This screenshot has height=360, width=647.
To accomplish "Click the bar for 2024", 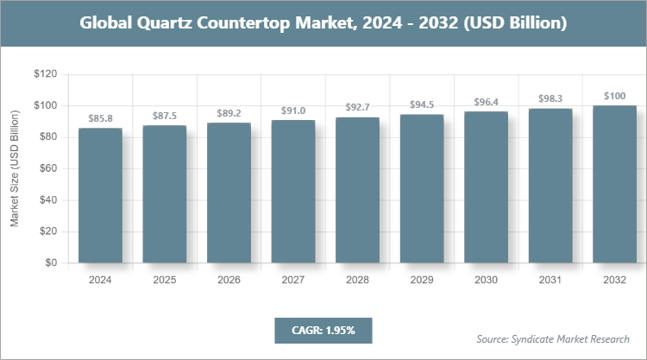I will point(101,196).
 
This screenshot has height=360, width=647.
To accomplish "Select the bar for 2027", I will point(293,192).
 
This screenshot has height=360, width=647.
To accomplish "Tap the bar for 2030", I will point(487,187).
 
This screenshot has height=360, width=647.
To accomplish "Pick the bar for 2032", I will point(615,185).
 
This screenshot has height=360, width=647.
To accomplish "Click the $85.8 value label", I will point(101,117).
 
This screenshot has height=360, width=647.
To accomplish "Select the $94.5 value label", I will point(422,104).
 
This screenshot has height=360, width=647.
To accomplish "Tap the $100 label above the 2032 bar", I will point(615,96).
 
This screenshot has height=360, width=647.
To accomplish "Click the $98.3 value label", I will point(550,98).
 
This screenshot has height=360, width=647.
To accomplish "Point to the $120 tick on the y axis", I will point(45,75).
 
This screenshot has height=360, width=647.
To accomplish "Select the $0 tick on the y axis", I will point(51,263).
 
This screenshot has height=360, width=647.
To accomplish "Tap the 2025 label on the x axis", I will point(165,280).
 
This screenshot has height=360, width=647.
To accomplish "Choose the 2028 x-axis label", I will point(358,280).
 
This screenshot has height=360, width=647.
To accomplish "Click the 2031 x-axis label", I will point(550,280).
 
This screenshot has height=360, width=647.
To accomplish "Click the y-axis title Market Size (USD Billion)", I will point(15,169).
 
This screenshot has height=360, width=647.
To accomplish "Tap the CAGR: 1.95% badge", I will point(322,330).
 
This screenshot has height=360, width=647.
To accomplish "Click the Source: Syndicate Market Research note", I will point(552,338).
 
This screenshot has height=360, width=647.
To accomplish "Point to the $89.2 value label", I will point(229,112).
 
